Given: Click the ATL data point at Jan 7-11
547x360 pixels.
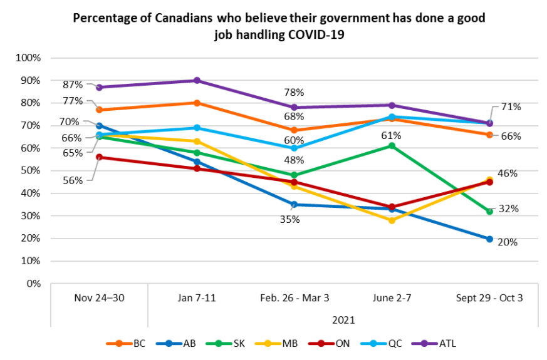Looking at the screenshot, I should click(196, 80).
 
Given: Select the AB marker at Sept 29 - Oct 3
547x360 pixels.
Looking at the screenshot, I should click(489, 239).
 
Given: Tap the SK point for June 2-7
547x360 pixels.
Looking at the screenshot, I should click(392, 146).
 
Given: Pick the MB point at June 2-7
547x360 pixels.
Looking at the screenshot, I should click(392, 220).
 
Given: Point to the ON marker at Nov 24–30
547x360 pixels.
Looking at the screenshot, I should click(99, 157).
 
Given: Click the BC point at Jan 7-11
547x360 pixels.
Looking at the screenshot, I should click(196, 103).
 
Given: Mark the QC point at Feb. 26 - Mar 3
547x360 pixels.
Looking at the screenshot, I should click(294, 148).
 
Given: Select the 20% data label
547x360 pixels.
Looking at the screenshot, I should click(508, 242).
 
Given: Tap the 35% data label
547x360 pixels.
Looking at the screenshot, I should click(290, 220).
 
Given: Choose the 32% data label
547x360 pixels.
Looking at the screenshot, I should click(508, 209).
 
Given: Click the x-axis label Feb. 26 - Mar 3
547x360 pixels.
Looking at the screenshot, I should click(294, 298).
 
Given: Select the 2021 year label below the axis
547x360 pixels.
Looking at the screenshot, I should click(343, 319).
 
